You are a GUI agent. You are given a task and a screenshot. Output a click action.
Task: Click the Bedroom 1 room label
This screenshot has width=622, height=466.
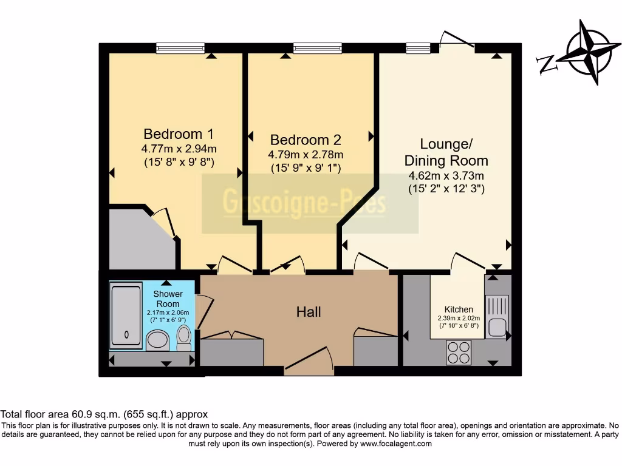pos(178,133)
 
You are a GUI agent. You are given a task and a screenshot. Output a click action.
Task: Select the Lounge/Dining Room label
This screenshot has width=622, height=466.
pos(446,152)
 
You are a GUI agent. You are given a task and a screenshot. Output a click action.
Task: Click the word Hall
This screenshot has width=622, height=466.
pos(309,312)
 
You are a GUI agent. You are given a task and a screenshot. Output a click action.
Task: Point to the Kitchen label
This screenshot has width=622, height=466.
pos(459,309)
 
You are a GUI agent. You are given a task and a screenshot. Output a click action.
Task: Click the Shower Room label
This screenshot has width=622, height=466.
pos(168,299)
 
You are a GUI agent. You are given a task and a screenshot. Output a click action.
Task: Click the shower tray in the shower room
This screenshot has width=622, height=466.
pos(126,316)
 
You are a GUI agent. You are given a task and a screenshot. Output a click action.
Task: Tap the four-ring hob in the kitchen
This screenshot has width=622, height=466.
pos(459,351)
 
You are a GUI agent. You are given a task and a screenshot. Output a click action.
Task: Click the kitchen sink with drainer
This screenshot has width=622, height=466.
pos(497,316)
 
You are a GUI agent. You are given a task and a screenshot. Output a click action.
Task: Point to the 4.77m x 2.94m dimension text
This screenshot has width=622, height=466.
pos(179,148)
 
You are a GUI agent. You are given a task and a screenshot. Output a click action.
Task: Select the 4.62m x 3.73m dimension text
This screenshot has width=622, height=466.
pos(446,177)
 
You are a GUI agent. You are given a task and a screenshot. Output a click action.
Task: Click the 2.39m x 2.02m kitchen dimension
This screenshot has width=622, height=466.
pos(459,318)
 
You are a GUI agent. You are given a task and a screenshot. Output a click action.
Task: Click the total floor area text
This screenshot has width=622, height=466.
pos(104,414)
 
